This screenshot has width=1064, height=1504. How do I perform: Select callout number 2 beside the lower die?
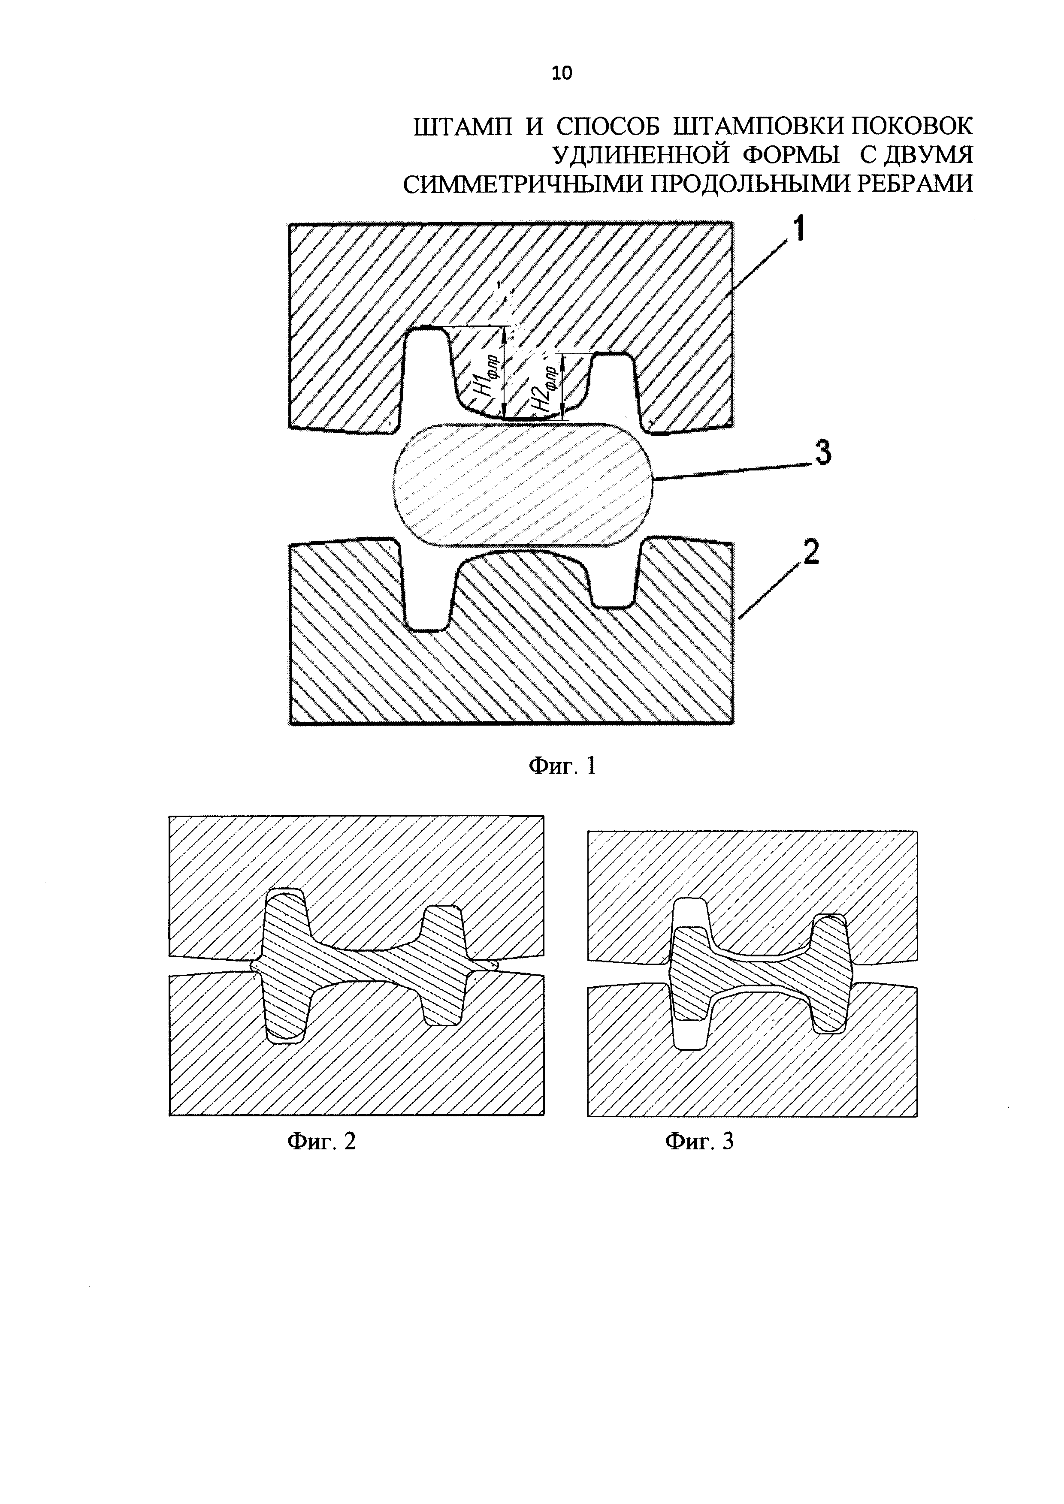click(x=809, y=554)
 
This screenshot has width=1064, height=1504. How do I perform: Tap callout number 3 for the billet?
click(x=822, y=452)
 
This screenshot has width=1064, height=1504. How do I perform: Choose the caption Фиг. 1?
click(x=562, y=766)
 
